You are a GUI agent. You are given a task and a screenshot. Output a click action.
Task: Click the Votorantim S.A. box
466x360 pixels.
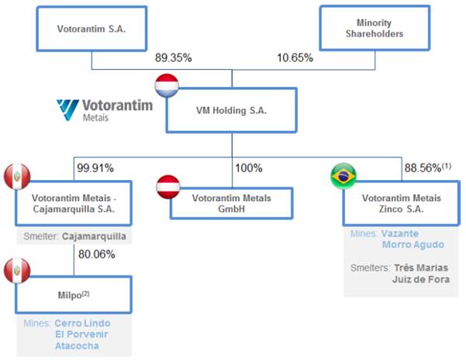(91, 30)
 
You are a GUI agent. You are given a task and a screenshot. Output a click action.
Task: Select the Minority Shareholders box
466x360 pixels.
(375, 29)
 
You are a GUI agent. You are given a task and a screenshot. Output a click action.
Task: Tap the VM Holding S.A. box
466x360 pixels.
(231, 110)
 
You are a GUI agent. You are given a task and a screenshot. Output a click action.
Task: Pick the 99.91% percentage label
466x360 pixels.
(95, 167)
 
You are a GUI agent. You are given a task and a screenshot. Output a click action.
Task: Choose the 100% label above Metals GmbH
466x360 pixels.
(248, 167)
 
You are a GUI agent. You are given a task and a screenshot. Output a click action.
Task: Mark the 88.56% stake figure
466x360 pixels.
(422, 167)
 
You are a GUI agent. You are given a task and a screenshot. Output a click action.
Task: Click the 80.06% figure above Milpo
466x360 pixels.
(95, 252)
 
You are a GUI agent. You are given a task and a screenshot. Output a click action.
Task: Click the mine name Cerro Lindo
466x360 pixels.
(82, 323)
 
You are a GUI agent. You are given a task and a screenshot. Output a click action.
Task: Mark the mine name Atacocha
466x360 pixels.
(77, 346)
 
